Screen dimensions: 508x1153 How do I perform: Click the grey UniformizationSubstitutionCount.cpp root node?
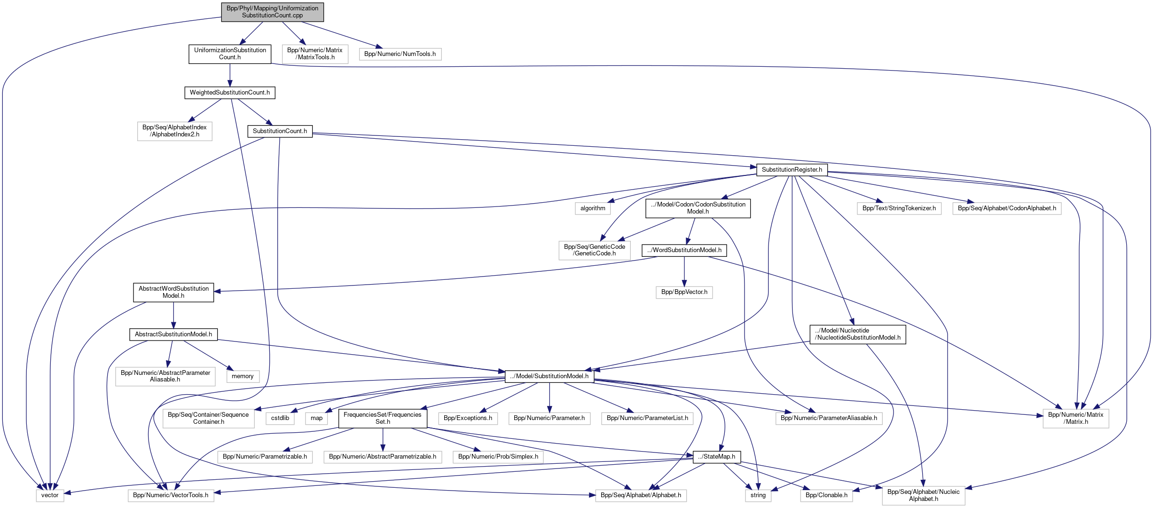point(272,12)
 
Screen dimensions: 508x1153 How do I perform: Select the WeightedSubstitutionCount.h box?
point(229,93)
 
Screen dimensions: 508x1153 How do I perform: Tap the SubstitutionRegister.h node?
point(792,170)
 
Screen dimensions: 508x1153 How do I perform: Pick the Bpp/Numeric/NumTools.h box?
point(400,54)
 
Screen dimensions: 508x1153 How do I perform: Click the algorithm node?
point(593,208)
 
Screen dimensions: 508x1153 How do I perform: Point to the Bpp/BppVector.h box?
point(684,292)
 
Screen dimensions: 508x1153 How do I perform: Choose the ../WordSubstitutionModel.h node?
point(684,250)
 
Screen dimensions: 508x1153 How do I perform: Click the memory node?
point(243,376)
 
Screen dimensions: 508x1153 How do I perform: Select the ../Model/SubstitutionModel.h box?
point(549,376)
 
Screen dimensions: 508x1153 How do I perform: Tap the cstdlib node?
point(280,418)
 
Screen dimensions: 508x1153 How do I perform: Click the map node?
point(316,418)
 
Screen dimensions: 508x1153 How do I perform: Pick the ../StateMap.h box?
point(716,457)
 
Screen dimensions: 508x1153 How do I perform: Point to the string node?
point(758,495)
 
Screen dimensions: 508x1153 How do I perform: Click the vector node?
point(50,495)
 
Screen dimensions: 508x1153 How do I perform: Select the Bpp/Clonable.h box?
point(826,495)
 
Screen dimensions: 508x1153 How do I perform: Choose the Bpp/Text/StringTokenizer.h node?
point(899,208)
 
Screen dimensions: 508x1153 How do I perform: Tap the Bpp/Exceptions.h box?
point(468,418)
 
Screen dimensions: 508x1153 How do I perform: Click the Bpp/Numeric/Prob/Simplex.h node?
point(498,457)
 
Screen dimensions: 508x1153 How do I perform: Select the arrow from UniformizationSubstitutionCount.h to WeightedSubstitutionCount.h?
point(230,75)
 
